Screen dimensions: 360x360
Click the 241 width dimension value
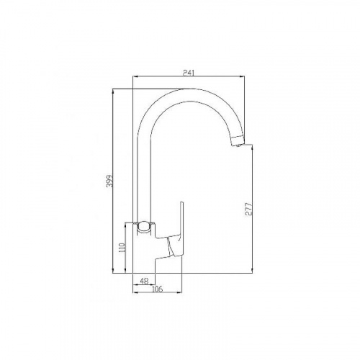(x=189, y=73)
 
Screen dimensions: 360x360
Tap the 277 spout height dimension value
(x=249, y=210)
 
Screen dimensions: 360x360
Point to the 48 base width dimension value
(x=144, y=281)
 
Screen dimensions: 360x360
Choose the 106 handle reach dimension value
(x=158, y=289)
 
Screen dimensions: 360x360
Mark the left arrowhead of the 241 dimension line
(x=135, y=76)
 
